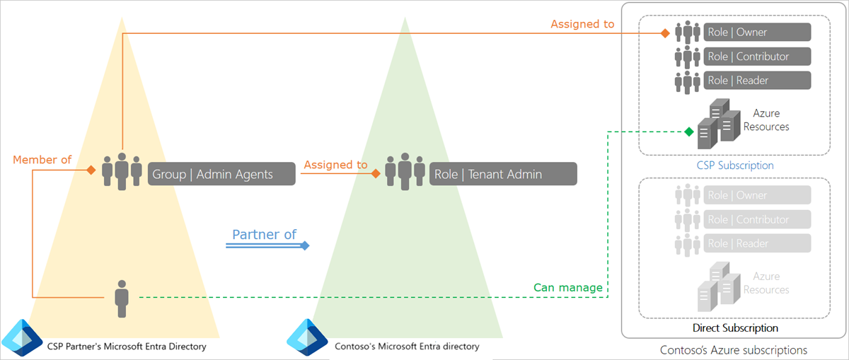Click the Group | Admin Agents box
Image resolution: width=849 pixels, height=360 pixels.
pos(221,174)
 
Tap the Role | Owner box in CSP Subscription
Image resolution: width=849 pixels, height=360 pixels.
pos(757,32)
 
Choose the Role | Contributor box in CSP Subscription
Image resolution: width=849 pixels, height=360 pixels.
pos(757,57)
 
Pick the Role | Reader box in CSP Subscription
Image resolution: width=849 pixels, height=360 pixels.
pos(757,81)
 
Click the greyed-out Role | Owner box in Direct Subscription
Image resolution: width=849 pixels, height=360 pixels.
pos(757,195)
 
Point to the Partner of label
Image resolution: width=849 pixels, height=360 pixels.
pos(265,234)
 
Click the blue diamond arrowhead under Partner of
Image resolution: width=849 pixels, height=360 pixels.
pos(305,245)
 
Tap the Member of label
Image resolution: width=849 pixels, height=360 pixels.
pos(42,160)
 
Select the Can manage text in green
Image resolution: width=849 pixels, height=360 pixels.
pos(568,287)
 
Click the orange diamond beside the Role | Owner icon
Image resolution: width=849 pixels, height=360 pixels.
pos(665,33)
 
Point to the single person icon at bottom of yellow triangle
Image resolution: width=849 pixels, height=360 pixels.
pos(122,298)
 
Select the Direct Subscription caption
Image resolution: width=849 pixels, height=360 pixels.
pos(735,328)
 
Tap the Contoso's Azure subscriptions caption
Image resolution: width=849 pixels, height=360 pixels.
pos(733,350)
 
